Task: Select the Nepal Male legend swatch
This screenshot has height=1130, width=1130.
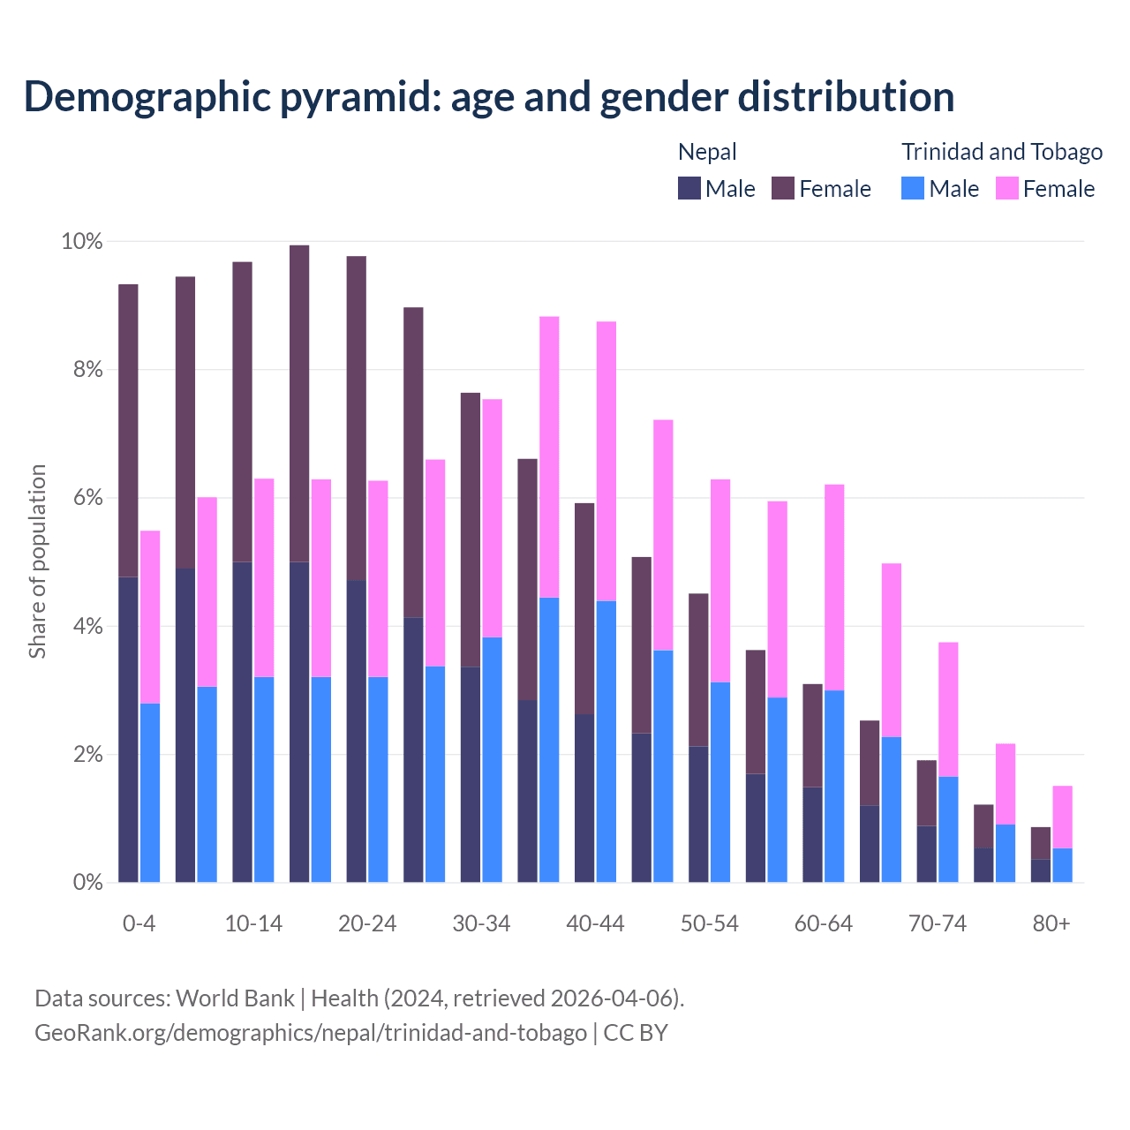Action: (x=689, y=188)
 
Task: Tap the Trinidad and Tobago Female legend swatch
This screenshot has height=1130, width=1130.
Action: (x=1006, y=188)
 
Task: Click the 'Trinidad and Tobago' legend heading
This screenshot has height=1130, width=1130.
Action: (x=1002, y=152)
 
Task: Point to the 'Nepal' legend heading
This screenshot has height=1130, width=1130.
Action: (x=707, y=152)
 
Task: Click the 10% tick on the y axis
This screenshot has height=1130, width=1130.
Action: (x=81, y=242)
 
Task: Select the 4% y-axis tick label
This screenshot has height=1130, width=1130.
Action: (x=87, y=627)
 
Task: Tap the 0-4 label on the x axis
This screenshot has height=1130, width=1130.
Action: (x=139, y=923)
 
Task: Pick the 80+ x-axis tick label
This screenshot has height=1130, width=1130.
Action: (x=1051, y=923)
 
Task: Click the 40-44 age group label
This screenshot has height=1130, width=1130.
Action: (x=595, y=923)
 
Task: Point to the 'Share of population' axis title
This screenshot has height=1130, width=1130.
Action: (x=37, y=561)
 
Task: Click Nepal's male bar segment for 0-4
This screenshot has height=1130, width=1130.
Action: (x=128, y=729)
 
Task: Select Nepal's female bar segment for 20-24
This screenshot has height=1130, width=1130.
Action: (x=356, y=418)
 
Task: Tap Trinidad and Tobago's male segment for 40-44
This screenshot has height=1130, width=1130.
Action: (x=606, y=742)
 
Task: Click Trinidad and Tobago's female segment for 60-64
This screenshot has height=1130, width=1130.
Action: (x=834, y=587)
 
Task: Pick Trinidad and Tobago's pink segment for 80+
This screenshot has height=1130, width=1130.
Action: (x=1062, y=817)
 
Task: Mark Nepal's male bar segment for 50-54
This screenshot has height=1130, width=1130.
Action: (x=698, y=814)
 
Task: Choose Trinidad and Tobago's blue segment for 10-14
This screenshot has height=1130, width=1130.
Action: (x=264, y=780)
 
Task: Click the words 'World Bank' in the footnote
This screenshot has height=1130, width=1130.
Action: (x=235, y=998)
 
